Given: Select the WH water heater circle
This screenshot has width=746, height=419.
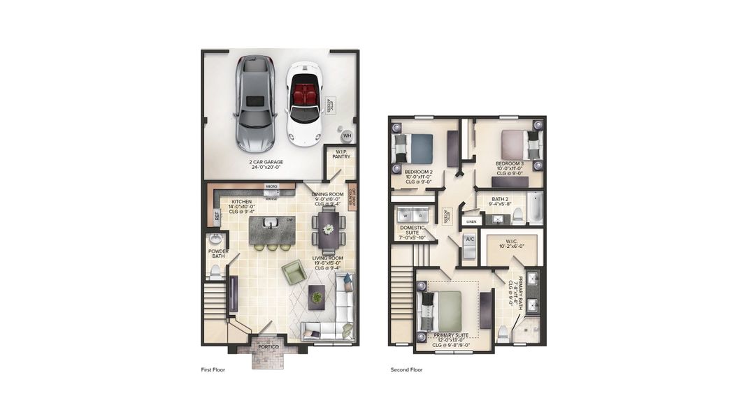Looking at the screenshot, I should pos(346,135).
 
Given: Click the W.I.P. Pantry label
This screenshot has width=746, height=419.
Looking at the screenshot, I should pos(342,155).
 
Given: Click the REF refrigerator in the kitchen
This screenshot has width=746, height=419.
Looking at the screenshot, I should pos(217,216).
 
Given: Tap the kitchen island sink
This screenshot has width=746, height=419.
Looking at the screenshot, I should pos(269,223).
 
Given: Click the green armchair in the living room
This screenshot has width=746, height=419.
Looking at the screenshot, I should pos(294,272).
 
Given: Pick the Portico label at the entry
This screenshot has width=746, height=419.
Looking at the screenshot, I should pos(268,346).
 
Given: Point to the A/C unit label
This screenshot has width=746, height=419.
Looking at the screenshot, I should pos(470,240).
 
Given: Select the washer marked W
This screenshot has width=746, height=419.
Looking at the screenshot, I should pos(403,216).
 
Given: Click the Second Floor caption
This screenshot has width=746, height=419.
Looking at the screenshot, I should pos(406,369).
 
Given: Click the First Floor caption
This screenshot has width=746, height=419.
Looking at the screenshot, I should pos(213,369).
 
